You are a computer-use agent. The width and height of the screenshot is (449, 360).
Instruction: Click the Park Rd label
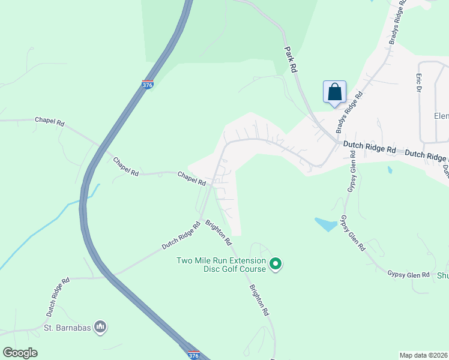(291, 60)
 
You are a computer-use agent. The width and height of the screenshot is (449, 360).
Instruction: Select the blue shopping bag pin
(334, 92)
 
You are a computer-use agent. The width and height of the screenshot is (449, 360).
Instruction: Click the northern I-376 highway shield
(148, 85)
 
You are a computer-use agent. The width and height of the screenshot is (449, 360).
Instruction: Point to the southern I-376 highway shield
(193, 355)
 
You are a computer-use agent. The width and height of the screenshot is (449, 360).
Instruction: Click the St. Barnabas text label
(69, 328)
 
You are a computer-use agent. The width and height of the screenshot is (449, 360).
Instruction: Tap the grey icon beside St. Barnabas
(101, 327)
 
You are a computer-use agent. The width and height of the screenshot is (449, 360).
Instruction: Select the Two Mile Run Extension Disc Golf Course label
(220, 264)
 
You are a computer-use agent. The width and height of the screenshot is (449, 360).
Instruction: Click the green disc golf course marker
(276, 263)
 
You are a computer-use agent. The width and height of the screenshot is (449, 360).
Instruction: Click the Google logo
(20, 353)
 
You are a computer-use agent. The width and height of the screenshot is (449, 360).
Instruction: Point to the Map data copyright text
(423, 355)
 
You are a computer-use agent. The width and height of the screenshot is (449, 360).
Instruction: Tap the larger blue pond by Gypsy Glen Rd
(325, 224)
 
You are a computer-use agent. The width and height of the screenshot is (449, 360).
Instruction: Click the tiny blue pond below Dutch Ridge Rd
(391, 170)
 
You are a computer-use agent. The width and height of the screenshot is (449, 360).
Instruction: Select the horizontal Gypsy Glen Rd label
(408, 274)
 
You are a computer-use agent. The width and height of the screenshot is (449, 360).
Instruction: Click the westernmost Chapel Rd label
(49, 121)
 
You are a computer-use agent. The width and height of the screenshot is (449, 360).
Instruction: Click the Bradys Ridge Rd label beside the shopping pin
(349, 112)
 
